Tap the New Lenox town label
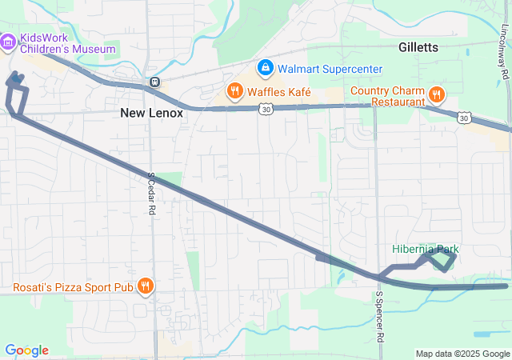click(151, 113)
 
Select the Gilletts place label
click(418, 47)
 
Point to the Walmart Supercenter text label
click(330, 69)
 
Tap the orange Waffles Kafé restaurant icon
click(234, 91)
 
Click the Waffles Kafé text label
click(278, 91)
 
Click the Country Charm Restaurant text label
click(387, 95)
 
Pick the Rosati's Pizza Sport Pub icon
click(145, 286)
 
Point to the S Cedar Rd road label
click(150, 193)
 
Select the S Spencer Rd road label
click(378, 315)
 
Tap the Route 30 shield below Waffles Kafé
click(266, 108)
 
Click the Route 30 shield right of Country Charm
click(464, 118)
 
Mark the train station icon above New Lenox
click(154, 82)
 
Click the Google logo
click(27, 350)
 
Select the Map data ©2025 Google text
click(462, 354)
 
